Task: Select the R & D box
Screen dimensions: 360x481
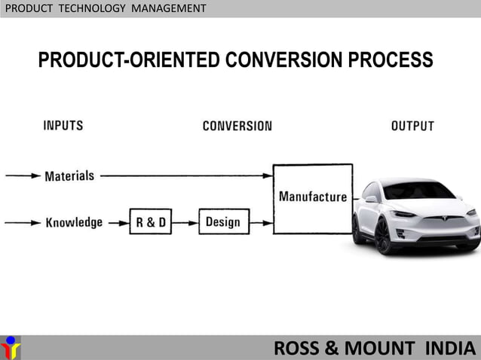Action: tap(150, 222)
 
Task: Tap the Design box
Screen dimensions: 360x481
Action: tap(223, 221)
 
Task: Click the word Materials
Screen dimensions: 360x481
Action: tap(69, 176)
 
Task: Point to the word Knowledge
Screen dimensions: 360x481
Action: tap(74, 223)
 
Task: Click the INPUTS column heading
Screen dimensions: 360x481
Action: tap(63, 126)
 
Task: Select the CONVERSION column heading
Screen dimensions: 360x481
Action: tap(237, 126)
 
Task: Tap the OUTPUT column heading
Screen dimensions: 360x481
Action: tap(412, 126)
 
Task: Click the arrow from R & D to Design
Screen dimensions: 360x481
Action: tap(185, 222)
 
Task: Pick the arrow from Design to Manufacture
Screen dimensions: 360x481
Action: tap(261, 222)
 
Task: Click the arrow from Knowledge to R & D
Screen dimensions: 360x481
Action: tap(117, 222)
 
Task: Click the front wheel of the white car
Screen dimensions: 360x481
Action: tap(383, 236)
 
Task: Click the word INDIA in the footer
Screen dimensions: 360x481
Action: tap(451, 349)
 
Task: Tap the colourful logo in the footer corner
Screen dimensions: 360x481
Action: tap(11, 347)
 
